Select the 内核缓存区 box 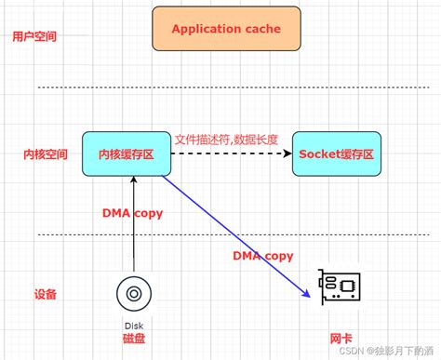(x=127, y=153)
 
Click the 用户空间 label (x=34, y=37)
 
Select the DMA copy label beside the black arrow (x=132, y=213)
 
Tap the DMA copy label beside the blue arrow (x=262, y=256)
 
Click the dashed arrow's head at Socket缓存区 (x=287, y=153)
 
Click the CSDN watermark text (x=386, y=351)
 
